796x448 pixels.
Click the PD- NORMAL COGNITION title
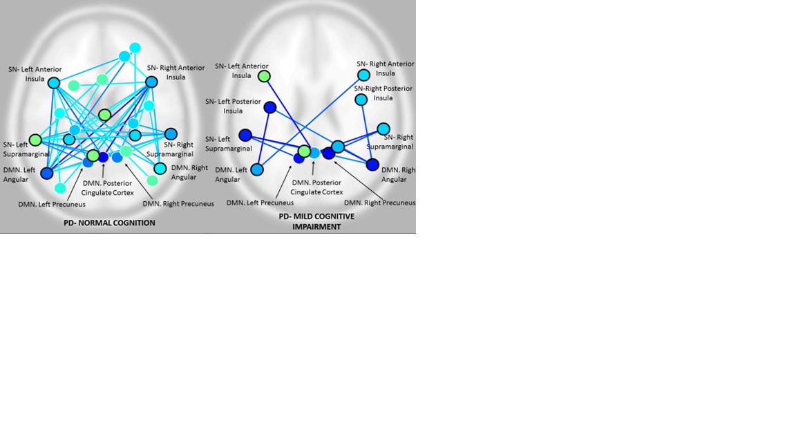tap(109, 223)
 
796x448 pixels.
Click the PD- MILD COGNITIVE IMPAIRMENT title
tap(316, 221)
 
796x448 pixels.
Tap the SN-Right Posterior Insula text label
tap(383, 93)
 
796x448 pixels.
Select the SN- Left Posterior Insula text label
tap(232, 106)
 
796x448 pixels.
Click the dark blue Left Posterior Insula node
tap(270, 107)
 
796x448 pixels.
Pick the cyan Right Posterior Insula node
tap(361, 100)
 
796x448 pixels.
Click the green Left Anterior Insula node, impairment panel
tap(264, 76)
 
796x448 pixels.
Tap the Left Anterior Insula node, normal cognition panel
tap(54, 82)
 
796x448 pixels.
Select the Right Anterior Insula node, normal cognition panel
tap(151, 82)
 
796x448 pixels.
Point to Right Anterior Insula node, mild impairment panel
tap(363, 75)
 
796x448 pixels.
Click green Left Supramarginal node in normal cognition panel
tap(35, 139)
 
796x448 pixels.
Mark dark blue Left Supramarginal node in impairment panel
tap(245, 135)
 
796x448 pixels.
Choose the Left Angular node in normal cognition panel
tap(47, 174)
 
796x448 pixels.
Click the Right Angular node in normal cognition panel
tap(160, 168)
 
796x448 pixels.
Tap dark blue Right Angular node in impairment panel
tap(372, 165)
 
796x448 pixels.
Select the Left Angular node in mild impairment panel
tap(257, 169)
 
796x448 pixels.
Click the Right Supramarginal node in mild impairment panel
tap(383, 129)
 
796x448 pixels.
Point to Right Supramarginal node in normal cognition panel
tap(171, 134)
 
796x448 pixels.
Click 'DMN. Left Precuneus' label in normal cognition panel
tap(52, 204)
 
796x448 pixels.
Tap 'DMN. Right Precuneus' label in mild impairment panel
tap(380, 203)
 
